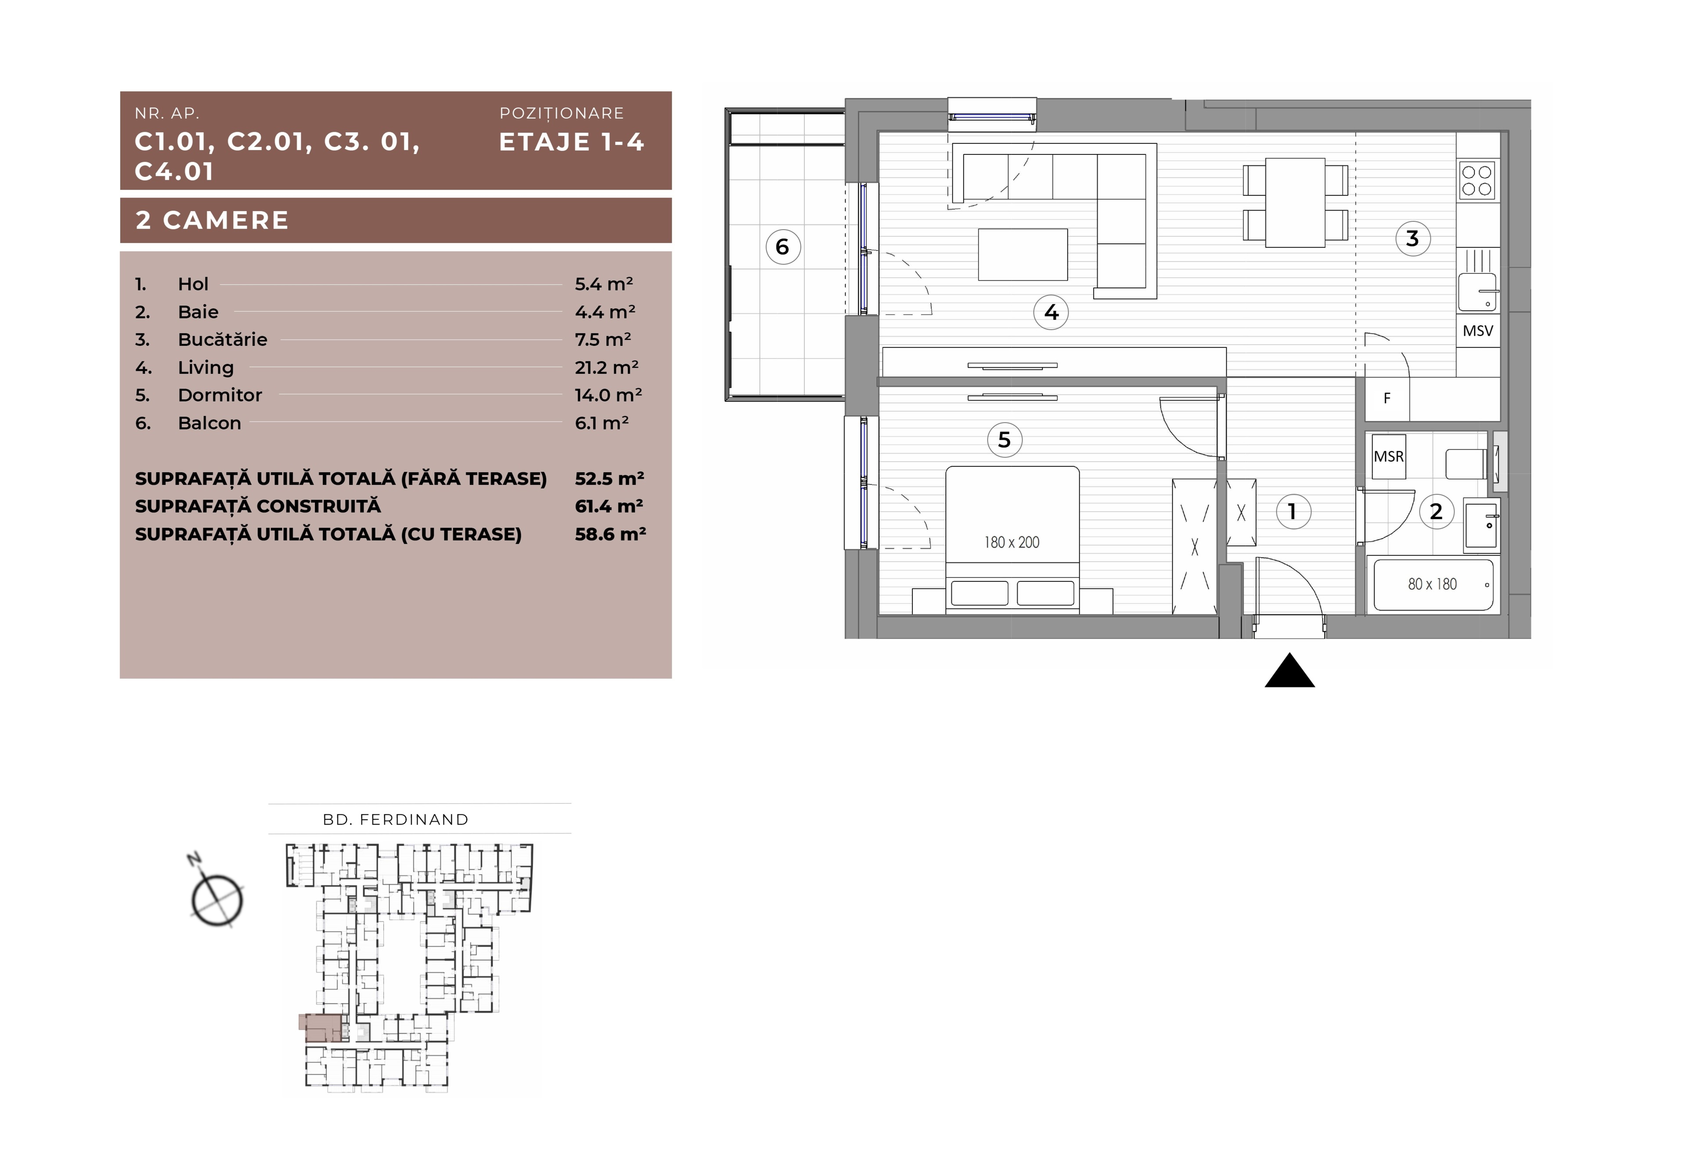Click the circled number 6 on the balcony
(x=783, y=247)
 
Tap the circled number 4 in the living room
(x=1051, y=313)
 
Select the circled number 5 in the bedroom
(x=1005, y=440)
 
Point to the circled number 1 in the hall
(x=1293, y=512)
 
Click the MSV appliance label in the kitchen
(x=1478, y=331)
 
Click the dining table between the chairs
(x=1296, y=203)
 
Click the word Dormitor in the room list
(x=220, y=395)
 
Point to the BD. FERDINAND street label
(x=396, y=820)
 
